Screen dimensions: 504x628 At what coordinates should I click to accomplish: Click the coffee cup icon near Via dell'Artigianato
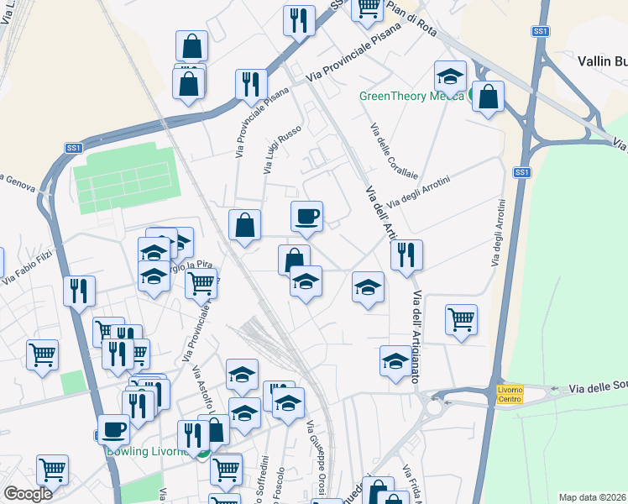306,217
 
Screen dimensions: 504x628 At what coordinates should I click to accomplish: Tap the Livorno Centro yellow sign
510,394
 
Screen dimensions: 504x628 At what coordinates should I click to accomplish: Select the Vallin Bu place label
602,60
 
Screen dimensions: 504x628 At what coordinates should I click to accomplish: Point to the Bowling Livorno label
149,451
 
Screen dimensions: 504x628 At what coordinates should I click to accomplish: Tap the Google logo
28,494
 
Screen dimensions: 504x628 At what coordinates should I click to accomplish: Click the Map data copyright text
592,497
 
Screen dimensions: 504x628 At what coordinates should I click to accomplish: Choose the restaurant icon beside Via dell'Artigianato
406,255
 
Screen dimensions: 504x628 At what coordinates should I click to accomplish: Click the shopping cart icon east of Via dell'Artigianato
461,320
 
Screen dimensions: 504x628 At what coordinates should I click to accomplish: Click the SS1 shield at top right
541,31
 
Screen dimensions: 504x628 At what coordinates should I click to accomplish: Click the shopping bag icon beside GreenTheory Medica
487,97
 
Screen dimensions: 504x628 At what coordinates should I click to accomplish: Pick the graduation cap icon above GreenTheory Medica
450,76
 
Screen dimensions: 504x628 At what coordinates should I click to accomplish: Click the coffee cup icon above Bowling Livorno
113,430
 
